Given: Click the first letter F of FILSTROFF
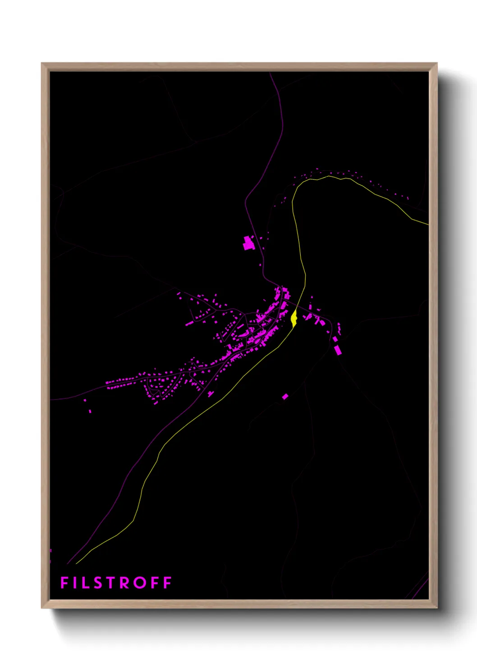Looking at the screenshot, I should point(64,583).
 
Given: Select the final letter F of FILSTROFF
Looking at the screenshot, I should point(167,583).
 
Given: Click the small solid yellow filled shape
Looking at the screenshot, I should point(294,318).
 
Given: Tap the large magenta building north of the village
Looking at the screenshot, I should point(248,243).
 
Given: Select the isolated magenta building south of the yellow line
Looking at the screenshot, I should point(285,397).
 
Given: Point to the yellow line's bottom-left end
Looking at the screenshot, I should point(77,563).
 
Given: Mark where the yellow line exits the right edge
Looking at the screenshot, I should point(428,224).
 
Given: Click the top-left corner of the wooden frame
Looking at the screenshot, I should point(42,64).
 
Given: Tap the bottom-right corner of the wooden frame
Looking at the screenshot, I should point(436,608).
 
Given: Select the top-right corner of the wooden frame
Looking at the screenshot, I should point(436,64).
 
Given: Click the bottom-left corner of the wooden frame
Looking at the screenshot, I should point(42,608).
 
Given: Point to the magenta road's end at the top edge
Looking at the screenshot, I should point(270,73).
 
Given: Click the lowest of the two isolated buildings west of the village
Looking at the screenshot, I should point(90,411).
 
